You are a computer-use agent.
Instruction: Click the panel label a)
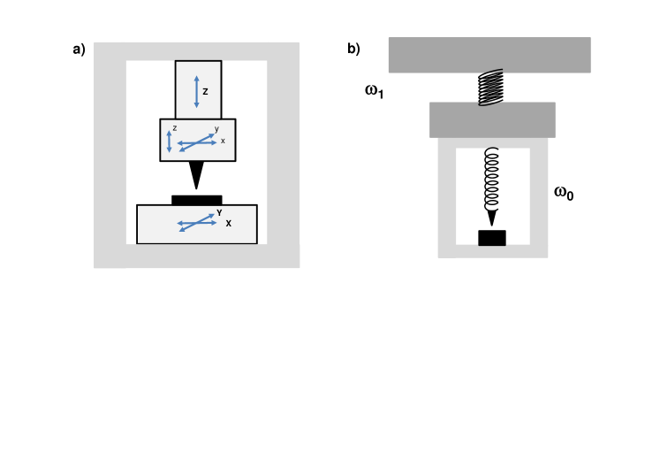tap(79, 50)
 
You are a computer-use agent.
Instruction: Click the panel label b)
tap(353, 50)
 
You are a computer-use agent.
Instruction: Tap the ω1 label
tap(374, 90)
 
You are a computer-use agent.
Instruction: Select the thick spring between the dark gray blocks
tap(490, 88)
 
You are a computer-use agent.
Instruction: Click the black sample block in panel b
tap(492, 238)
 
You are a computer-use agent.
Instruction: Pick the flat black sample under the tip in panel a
tap(196, 200)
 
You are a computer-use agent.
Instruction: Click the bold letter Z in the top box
tap(206, 90)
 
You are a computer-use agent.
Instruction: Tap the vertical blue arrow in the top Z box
tap(196, 92)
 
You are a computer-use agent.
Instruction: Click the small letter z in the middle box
tap(174, 128)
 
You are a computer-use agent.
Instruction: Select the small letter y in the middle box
tap(216, 128)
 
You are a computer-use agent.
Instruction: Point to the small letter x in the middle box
tap(223, 141)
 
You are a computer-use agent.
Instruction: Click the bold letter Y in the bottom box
tap(219, 212)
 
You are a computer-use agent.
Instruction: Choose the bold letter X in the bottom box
tap(228, 224)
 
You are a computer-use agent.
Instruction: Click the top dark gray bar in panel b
tap(489, 55)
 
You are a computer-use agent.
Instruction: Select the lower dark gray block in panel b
tap(492, 119)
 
